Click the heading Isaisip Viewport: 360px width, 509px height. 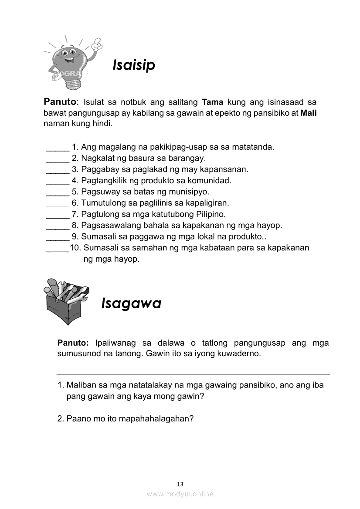click(x=134, y=65)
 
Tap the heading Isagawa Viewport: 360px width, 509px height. click(x=131, y=303)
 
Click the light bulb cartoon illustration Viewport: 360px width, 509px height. click(x=72, y=61)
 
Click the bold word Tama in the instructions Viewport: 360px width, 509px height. click(x=213, y=102)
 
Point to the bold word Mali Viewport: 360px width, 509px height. click(x=309, y=113)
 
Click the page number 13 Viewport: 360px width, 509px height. click(x=180, y=484)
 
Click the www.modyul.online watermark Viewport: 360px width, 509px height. click(x=180, y=494)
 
